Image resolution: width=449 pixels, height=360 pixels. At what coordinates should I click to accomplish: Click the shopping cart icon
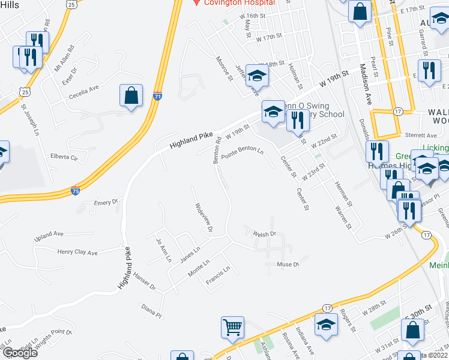[232, 328]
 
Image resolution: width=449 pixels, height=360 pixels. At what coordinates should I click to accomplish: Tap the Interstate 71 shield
[157, 96]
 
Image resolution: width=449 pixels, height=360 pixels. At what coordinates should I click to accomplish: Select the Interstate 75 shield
[74, 190]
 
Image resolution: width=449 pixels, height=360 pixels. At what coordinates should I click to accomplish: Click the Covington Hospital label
[238, 3]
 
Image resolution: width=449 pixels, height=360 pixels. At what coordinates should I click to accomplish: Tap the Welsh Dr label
[264, 234]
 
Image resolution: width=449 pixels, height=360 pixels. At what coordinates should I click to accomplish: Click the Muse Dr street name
[288, 265]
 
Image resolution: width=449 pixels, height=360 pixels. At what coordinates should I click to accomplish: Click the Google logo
[20, 353]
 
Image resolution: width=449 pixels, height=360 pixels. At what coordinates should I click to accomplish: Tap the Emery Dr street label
[106, 203]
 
